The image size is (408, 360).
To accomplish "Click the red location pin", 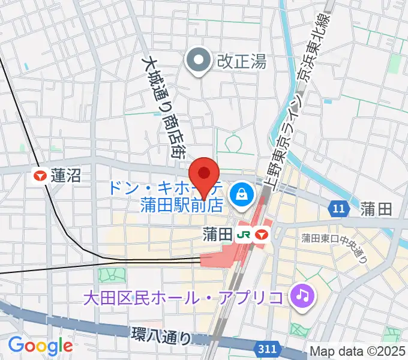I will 204,175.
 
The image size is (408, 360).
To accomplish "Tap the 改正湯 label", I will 242,61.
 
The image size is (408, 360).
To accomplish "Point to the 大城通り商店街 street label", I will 164,107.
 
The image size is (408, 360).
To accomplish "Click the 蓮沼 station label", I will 65,176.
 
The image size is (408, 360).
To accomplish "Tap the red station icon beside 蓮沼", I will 40,176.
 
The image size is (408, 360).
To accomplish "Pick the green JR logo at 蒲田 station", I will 243,233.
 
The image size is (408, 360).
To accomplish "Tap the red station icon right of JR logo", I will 260,233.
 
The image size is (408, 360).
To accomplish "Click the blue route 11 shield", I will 340,209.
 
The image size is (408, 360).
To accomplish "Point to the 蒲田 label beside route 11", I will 377,209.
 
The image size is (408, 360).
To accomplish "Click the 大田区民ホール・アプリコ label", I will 184,296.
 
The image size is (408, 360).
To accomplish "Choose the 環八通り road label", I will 163,335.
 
